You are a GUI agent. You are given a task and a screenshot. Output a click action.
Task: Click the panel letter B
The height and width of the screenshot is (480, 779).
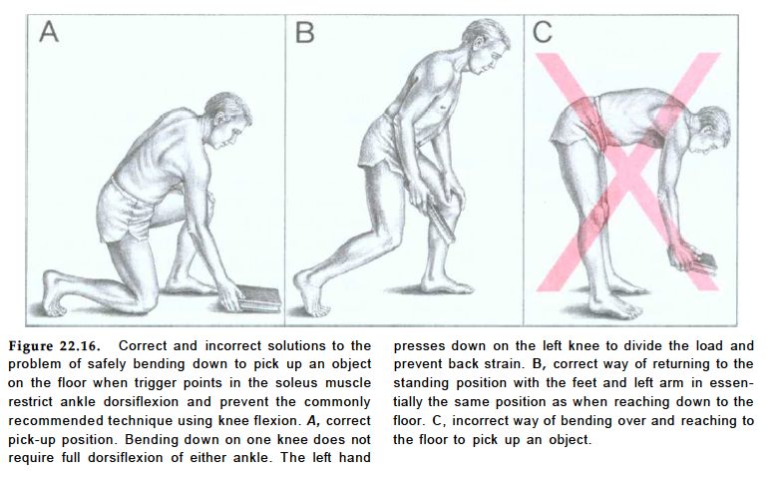tap(304, 32)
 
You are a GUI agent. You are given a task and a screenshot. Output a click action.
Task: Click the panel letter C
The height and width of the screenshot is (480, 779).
tap(542, 32)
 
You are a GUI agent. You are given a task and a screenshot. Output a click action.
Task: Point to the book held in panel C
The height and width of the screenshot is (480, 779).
tap(704, 263)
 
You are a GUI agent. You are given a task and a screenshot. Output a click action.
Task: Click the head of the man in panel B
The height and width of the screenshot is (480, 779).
tap(486, 46)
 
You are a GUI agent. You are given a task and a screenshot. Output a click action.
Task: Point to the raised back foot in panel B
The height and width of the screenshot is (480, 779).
tap(310, 293)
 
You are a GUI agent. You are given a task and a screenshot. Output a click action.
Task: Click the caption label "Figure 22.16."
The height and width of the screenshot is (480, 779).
tap(54, 346)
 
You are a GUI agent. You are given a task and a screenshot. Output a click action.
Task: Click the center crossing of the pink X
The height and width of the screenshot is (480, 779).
tap(627, 172)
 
